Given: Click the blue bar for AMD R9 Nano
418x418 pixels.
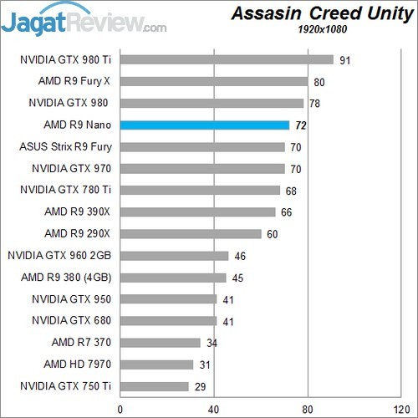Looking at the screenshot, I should pos(205,125).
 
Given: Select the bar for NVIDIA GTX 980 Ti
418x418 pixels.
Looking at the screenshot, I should pos(227,59).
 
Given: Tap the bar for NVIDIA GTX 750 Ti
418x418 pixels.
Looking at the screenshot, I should pos(155,386).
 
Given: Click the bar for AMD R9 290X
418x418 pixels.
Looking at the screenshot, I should pos(191,234).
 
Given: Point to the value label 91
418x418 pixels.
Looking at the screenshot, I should pos(344,60).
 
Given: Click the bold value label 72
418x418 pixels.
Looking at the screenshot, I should pos(301,125).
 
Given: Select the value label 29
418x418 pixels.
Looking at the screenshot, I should pos(201,386).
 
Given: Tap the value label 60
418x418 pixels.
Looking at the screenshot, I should pos(273,234).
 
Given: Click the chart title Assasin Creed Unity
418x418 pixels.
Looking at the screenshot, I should pos(320,14).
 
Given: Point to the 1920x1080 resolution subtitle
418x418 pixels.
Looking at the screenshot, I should pos(322,30).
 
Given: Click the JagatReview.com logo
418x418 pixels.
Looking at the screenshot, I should pos(84,18).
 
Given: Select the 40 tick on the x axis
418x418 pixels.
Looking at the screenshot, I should pos(214,409).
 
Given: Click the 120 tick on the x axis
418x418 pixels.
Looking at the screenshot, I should pos(401,409).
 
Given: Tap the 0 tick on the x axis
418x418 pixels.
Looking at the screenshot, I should pos(121,409).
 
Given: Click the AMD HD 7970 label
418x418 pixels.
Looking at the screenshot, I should pos(81,364).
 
